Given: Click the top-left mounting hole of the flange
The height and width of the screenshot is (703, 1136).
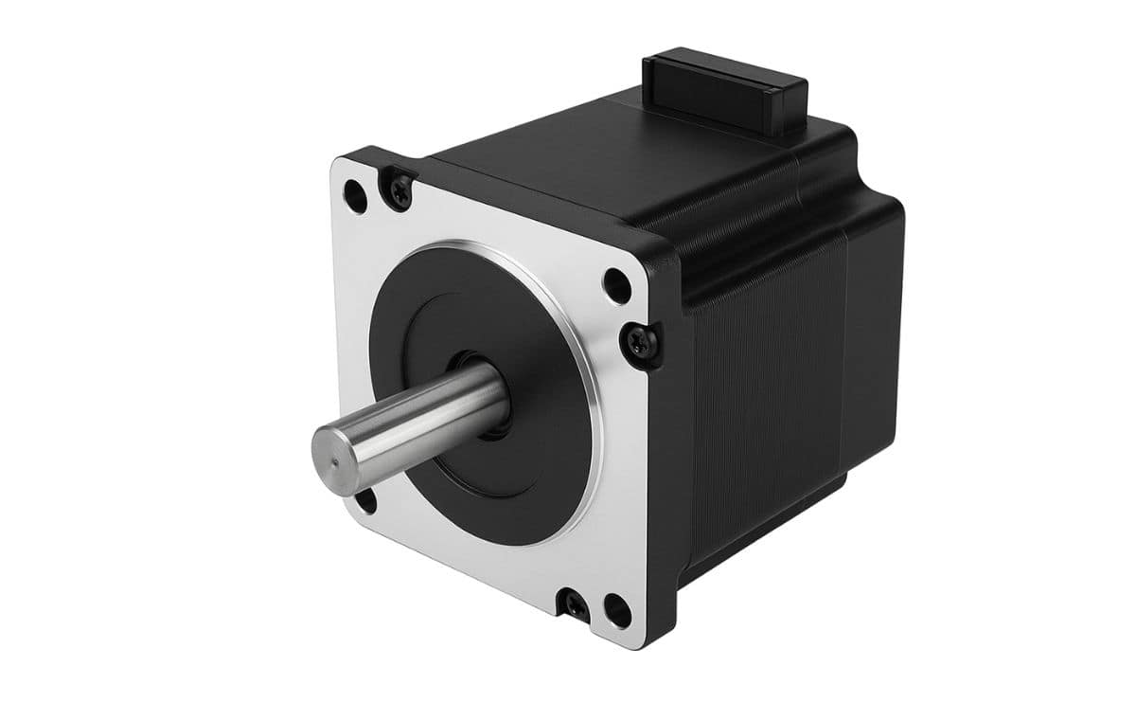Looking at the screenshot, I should pyautogui.click(x=355, y=197).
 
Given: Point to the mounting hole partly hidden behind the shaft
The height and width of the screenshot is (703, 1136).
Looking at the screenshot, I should pyautogui.click(x=364, y=500).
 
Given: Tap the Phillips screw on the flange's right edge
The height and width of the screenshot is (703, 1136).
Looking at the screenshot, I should pyautogui.click(x=640, y=342).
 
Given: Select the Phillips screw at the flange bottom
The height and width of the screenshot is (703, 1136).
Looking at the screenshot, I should pyautogui.click(x=574, y=603).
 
